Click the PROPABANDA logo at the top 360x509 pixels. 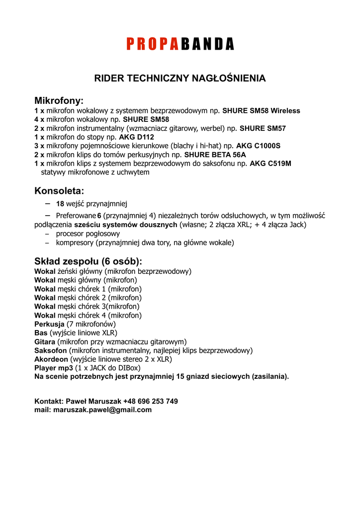point(180,45)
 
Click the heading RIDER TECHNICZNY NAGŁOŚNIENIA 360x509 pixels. point(180,78)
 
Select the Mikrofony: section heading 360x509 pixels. point(59,101)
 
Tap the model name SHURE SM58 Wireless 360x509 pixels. point(261,111)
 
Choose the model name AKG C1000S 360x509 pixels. point(258,146)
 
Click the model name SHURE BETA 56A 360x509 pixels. point(215,155)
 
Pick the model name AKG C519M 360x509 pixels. point(270,163)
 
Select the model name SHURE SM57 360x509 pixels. point(263,128)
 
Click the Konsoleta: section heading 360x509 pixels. point(59,191)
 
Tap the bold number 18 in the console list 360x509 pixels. point(60,203)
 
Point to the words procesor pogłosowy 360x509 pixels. point(88,234)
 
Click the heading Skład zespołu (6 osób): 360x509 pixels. point(88,261)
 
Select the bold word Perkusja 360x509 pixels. point(50,324)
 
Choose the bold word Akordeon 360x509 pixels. point(51,359)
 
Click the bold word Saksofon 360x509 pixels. point(51,350)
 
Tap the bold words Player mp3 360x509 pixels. point(54,368)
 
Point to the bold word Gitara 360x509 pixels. point(45,342)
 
